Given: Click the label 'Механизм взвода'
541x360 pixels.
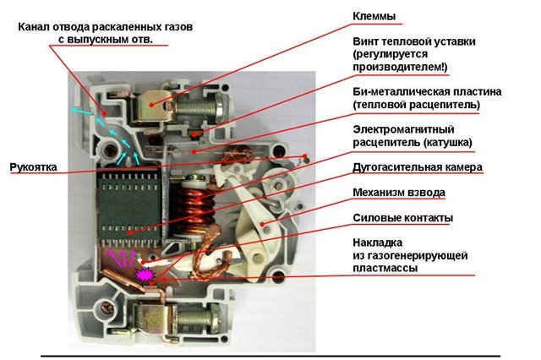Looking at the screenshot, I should pos(398,193).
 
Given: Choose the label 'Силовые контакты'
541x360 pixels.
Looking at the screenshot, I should pos(402,218).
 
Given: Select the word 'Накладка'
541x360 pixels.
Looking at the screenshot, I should pos(376,241).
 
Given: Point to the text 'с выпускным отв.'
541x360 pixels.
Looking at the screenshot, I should pos(111,40).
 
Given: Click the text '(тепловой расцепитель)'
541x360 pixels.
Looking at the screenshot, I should pos(418,104).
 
